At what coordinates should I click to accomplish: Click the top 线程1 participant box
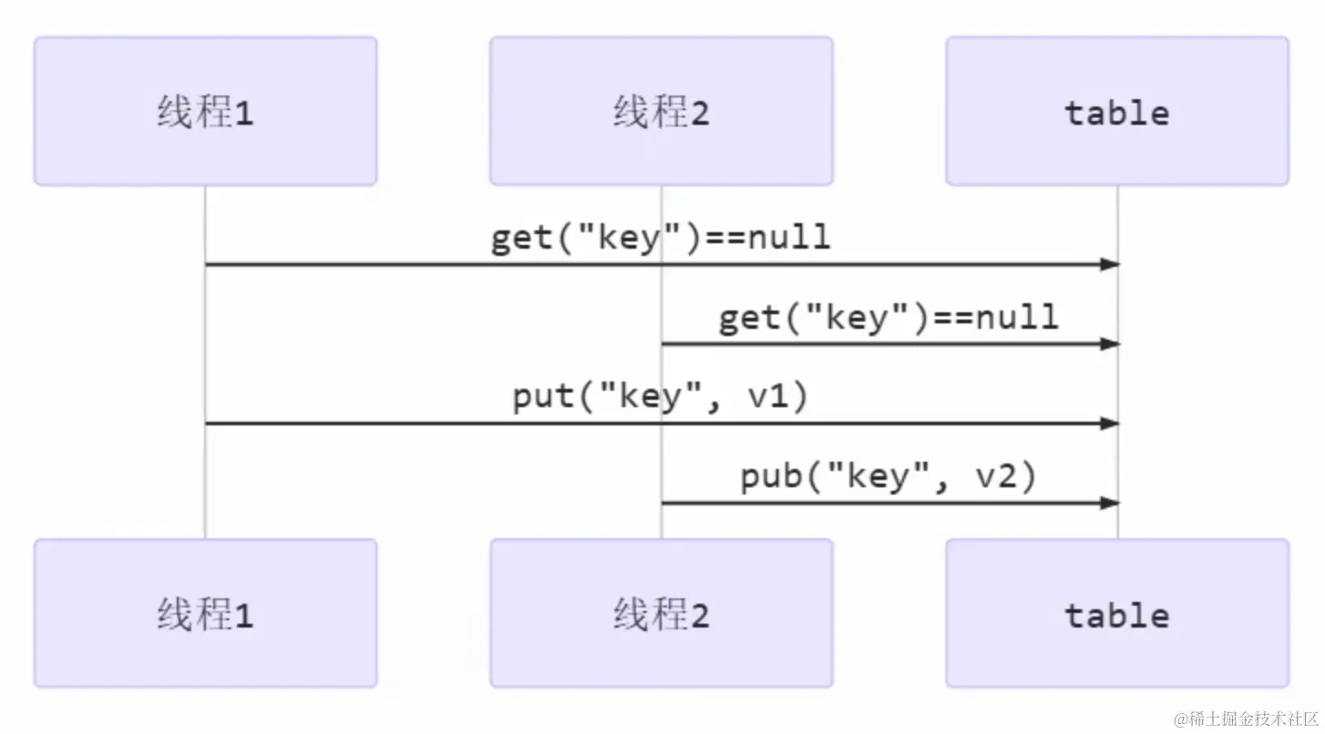pos(205,111)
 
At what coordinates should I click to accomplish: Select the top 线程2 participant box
pos(661,111)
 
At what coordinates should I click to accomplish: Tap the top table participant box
pos(1117,111)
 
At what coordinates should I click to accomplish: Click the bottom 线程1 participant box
pos(205,614)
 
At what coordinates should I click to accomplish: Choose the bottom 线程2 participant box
pos(661,614)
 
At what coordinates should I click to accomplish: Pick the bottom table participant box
pos(1117,614)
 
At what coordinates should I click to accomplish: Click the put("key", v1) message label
pos(661,398)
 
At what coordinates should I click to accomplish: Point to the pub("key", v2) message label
pos(888,477)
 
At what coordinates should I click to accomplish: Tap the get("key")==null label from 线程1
pos(661,238)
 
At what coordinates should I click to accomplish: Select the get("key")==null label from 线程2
pos(888,318)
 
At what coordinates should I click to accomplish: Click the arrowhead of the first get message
pos(1109,265)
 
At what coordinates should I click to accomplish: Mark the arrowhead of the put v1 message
pos(1109,423)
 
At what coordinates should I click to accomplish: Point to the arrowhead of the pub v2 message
pos(1109,503)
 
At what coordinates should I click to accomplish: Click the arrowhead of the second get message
pos(1109,344)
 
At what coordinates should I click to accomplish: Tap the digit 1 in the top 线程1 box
pos(243,114)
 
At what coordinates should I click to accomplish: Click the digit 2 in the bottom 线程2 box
pos(699,617)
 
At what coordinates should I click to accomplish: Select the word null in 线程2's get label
pos(1017,318)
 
